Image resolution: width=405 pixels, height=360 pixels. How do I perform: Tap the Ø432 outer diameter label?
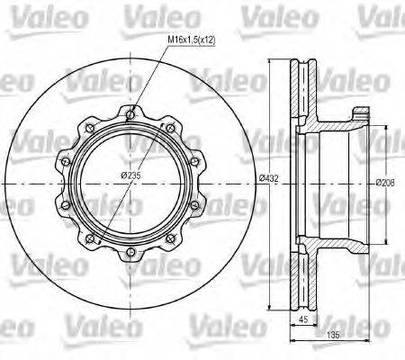point(267,178)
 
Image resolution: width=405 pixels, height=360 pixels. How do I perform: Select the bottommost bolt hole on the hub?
point(132,255)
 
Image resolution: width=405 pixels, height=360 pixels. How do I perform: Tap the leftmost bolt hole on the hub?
point(62,184)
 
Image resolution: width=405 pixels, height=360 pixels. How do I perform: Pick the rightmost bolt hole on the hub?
point(202,184)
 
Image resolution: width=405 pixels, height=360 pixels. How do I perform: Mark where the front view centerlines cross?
point(132,184)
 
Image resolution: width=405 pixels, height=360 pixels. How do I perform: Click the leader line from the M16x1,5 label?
point(148,81)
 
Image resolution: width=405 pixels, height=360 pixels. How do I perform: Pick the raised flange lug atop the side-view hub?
point(362,113)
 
